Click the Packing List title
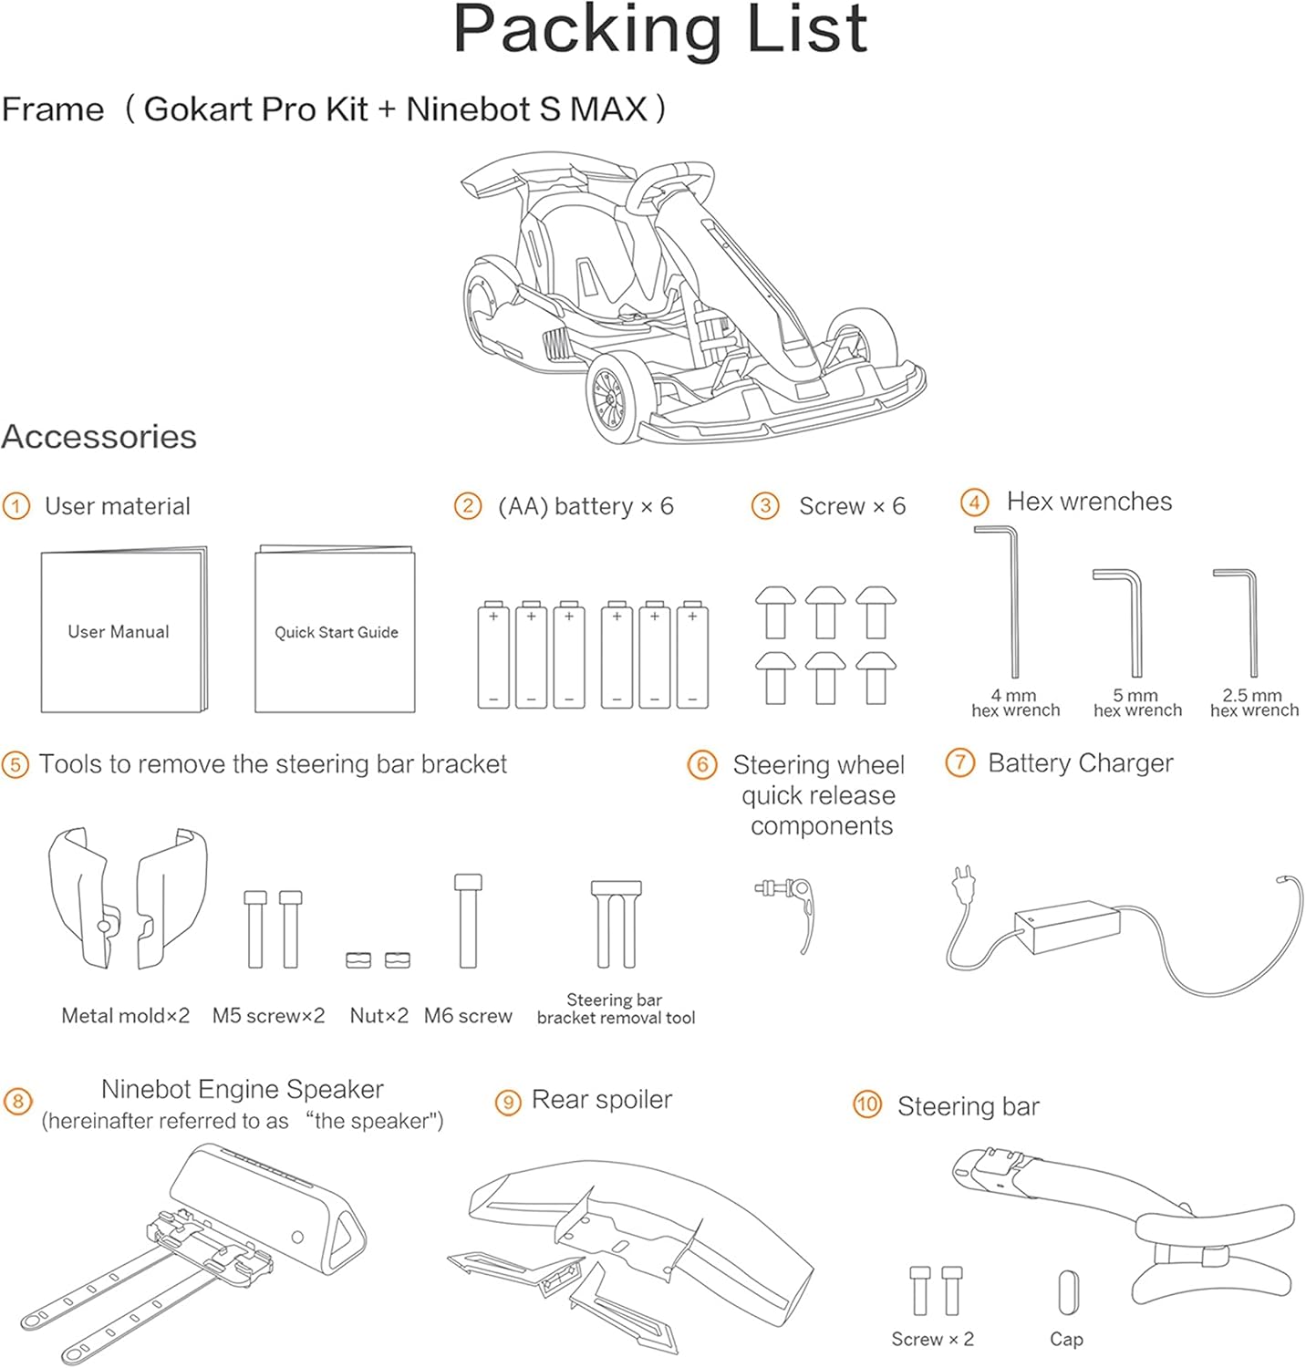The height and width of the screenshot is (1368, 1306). point(659,31)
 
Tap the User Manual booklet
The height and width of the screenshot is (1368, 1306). point(124,630)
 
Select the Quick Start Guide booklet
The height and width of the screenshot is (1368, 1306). point(335,629)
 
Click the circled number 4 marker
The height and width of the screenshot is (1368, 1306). point(974,503)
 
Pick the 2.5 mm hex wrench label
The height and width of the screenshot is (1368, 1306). point(1254,702)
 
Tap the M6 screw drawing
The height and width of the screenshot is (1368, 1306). point(468,920)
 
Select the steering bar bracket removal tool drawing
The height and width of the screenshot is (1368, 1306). point(616,924)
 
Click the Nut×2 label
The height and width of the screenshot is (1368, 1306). point(378,1016)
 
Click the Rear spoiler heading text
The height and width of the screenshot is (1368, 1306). point(602,1100)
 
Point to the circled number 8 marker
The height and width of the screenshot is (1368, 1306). point(17,1102)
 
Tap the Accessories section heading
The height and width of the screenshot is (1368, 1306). point(98,437)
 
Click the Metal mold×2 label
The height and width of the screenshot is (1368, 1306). point(126,1016)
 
